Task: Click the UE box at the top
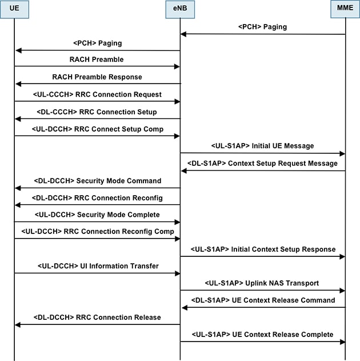point(14,9)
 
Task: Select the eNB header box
point(180,9)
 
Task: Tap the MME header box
point(345,9)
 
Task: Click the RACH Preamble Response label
point(97,77)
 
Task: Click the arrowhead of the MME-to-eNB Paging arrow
point(183,34)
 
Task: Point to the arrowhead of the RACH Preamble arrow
point(177,67)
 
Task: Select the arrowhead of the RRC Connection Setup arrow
point(18,119)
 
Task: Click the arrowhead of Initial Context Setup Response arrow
point(342,257)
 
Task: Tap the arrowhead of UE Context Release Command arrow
point(185,308)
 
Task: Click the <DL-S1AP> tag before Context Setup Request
point(207,163)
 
